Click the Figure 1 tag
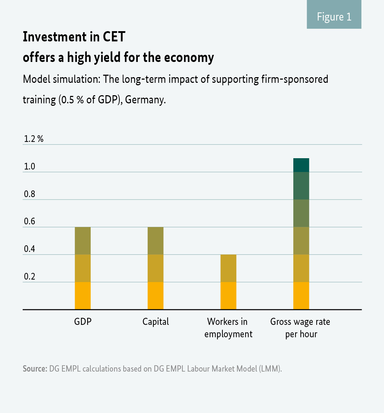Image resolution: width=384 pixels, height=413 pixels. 334,17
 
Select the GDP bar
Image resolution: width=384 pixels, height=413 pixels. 83,268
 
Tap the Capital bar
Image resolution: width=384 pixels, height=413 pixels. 156,268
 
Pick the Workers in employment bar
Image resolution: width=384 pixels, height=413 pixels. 228,282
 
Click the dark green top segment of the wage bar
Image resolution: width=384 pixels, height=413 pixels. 301,165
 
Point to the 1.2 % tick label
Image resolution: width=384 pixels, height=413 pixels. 34,139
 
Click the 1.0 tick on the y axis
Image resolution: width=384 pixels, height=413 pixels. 30,166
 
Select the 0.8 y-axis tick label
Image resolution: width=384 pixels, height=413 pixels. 30,194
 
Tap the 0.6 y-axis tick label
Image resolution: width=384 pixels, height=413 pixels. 30,222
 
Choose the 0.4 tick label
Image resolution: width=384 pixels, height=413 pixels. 30,249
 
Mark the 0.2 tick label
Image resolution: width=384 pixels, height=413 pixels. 30,276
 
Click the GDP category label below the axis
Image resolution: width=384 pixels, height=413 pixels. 83,322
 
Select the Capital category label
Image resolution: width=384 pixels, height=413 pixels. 156,322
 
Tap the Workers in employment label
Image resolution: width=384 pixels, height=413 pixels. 228,328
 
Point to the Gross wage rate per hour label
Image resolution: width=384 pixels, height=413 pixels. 300,328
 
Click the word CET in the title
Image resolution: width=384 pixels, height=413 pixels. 114,37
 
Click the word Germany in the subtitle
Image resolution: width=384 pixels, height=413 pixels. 145,100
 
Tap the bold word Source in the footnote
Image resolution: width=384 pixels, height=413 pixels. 35,368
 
